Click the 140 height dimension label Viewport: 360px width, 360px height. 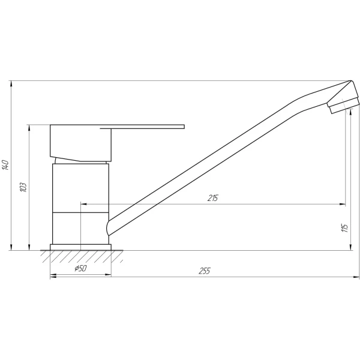click(5, 165)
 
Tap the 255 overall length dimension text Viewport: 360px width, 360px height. click(205, 270)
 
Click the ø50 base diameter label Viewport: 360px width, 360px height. click(80, 269)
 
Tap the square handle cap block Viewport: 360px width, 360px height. click(80, 142)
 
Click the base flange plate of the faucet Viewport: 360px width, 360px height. click(80, 247)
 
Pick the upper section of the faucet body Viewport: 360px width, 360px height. click(80, 186)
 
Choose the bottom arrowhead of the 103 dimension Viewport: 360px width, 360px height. click(29, 247)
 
